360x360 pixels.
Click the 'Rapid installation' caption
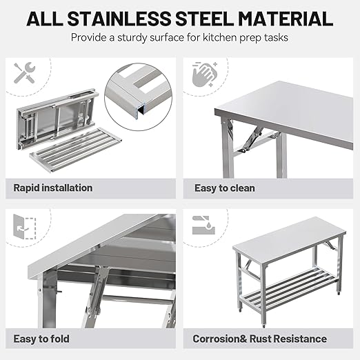[x=52, y=188]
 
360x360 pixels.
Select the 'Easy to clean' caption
[x=223, y=188]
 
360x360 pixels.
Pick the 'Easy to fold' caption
[x=41, y=339]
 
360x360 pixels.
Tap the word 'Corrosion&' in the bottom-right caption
[x=220, y=339]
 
